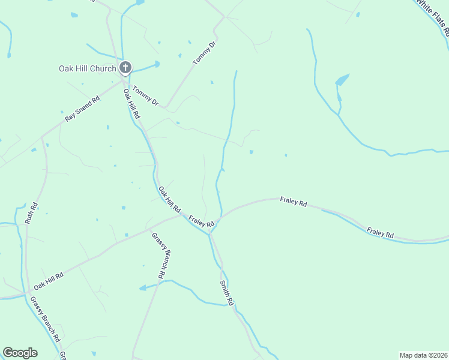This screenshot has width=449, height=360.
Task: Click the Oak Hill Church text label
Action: click(x=87, y=68)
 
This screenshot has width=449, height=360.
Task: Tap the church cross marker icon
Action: click(x=125, y=67)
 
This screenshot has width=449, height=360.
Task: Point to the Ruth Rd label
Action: click(x=32, y=212)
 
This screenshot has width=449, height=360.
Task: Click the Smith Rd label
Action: click(x=226, y=291)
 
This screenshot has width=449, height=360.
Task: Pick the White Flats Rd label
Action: click(x=433, y=14)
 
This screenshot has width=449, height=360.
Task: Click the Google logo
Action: click(x=20, y=353)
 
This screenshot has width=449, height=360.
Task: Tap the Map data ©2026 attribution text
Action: click(x=423, y=355)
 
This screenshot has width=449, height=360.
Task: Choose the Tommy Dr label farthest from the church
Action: click(x=203, y=53)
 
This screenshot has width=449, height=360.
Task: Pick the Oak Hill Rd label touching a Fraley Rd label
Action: click(x=169, y=199)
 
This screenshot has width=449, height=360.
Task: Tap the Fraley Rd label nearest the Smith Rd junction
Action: click(x=202, y=221)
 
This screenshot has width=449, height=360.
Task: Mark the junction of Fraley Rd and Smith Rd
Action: click(x=210, y=231)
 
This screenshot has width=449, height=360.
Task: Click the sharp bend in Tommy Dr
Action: click(x=165, y=107)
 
